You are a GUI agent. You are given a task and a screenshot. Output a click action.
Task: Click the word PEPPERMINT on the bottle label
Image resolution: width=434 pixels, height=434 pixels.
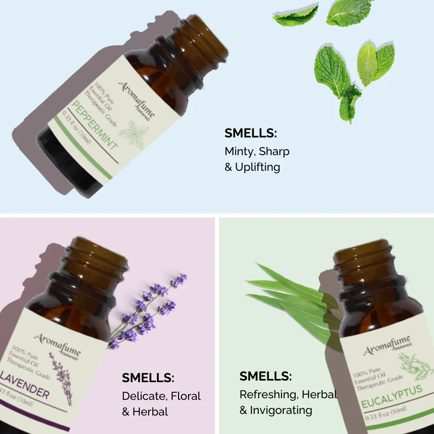click(x=94, y=125)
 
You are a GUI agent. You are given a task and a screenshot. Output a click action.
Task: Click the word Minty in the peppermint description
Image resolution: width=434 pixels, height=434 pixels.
click(x=240, y=151)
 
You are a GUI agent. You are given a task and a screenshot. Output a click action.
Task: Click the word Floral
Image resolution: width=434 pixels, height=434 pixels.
click(x=186, y=396)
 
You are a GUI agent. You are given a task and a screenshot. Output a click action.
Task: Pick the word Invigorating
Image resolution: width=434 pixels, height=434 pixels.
click(x=281, y=410)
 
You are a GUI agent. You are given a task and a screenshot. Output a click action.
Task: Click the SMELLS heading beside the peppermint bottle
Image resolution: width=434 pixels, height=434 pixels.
click(x=251, y=133)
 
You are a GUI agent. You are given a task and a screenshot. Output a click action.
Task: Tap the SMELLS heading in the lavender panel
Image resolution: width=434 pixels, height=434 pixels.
click(x=148, y=378)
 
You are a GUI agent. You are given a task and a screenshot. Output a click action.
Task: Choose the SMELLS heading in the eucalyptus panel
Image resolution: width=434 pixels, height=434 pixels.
click(x=266, y=377)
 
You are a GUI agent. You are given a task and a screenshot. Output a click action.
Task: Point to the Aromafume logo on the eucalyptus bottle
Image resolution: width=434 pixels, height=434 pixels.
click(x=387, y=346)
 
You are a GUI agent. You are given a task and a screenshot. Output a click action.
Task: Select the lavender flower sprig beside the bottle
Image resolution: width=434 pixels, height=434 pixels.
click(x=149, y=309)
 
